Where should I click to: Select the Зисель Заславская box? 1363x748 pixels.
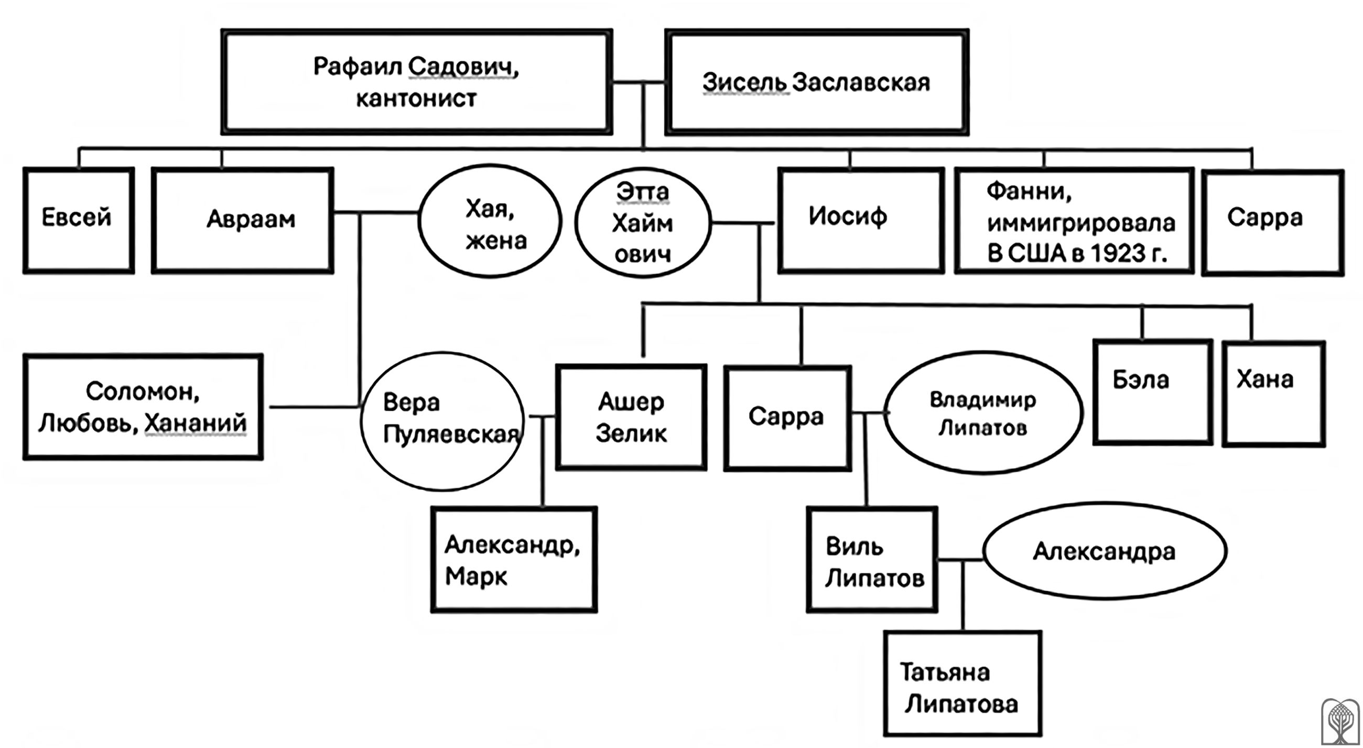(x=816, y=82)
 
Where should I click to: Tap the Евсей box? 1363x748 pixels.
(x=78, y=219)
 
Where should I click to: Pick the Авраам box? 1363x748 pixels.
(x=242, y=219)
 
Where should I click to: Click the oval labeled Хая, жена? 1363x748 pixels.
(x=490, y=221)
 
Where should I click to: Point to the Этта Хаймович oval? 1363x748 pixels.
(x=642, y=223)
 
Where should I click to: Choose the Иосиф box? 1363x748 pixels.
(x=860, y=219)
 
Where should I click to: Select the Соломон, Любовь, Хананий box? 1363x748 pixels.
(x=143, y=407)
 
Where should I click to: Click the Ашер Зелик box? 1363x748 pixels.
(x=631, y=417)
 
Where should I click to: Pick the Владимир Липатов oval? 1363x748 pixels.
(x=982, y=412)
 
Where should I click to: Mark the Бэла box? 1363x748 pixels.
(x=1152, y=392)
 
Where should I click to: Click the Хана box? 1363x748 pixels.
(x=1273, y=393)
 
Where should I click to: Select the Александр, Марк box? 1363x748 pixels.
(x=514, y=560)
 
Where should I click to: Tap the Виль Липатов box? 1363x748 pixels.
(x=871, y=560)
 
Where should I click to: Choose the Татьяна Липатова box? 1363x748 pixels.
(x=962, y=683)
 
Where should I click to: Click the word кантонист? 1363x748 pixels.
(x=416, y=99)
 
